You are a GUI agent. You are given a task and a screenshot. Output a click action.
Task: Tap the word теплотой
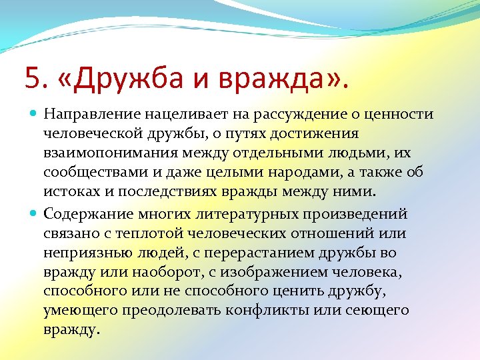click(155, 234)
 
